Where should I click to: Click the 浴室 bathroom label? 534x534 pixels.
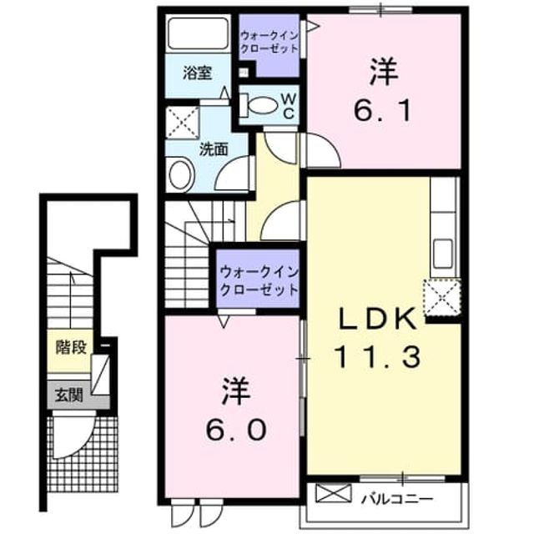coord(198,73)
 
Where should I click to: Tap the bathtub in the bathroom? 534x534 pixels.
coord(199,33)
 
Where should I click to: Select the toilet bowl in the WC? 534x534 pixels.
coord(261,106)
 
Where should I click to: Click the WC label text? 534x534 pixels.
coord(289,106)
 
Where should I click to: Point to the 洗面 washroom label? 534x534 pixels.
coord(214,149)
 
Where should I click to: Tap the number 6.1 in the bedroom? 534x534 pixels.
coord(382,111)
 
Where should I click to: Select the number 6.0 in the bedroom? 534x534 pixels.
coord(235,430)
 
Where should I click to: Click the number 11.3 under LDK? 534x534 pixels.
coord(378,357)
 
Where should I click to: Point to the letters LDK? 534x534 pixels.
coord(377,318)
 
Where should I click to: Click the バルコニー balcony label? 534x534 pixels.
coord(397,499)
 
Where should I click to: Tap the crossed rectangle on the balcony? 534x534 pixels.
coord(334,493)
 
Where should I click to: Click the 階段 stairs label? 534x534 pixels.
coord(72,348)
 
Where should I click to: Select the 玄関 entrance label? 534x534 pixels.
coord(69,395)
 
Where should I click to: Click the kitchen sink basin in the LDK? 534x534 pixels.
coord(443,253)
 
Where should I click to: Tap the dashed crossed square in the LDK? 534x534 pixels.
coord(442,298)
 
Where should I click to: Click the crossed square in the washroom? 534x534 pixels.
coord(183,123)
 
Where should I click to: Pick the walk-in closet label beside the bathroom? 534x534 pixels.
coord(269,43)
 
